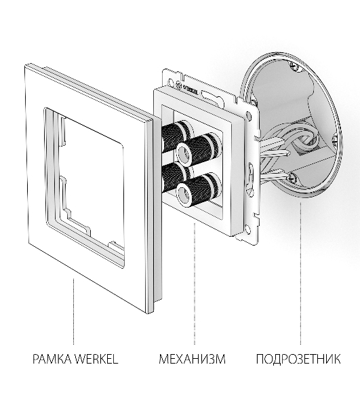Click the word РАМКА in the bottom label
[x=52, y=359]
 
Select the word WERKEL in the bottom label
[x=96, y=359]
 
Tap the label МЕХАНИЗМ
[x=192, y=359]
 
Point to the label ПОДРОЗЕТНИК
[x=298, y=359]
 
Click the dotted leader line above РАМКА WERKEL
[x=73, y=311]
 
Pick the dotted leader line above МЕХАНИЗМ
[x=195, y=284]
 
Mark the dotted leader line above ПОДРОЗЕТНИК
[x=300, y=273]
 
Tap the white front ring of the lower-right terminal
[x=184, y=193]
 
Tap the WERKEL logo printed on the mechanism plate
[x=188, y=89]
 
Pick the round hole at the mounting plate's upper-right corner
[x=249, y=115]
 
